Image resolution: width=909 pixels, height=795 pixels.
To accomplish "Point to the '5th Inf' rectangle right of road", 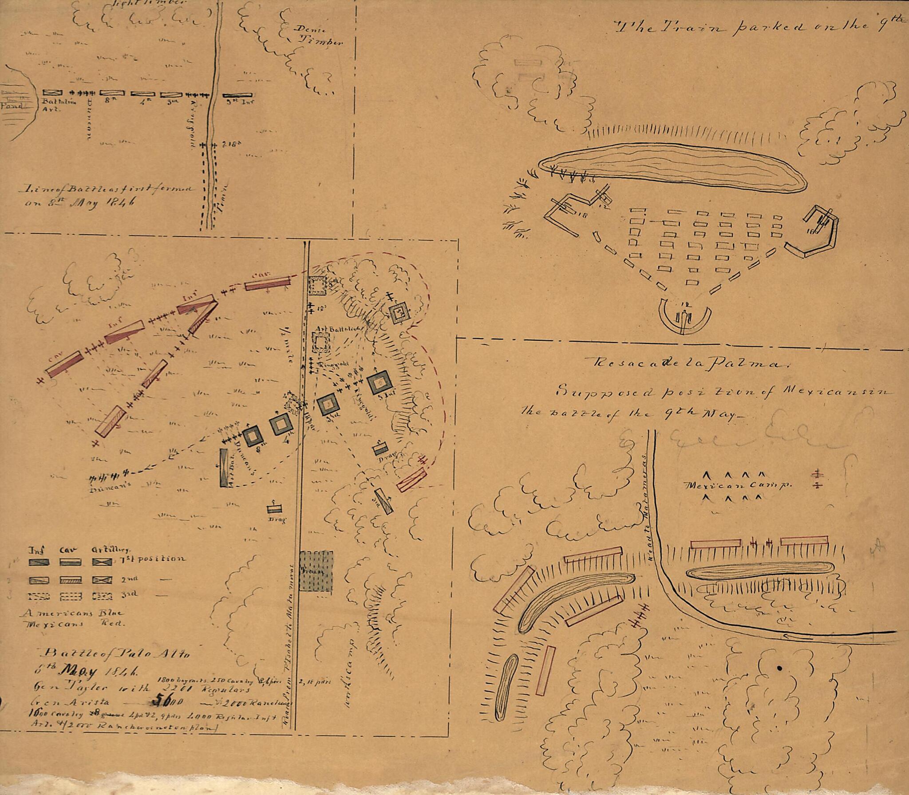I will (x=237, y=95).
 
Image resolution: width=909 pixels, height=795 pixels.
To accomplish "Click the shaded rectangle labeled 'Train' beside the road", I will (x=316, y=571).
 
